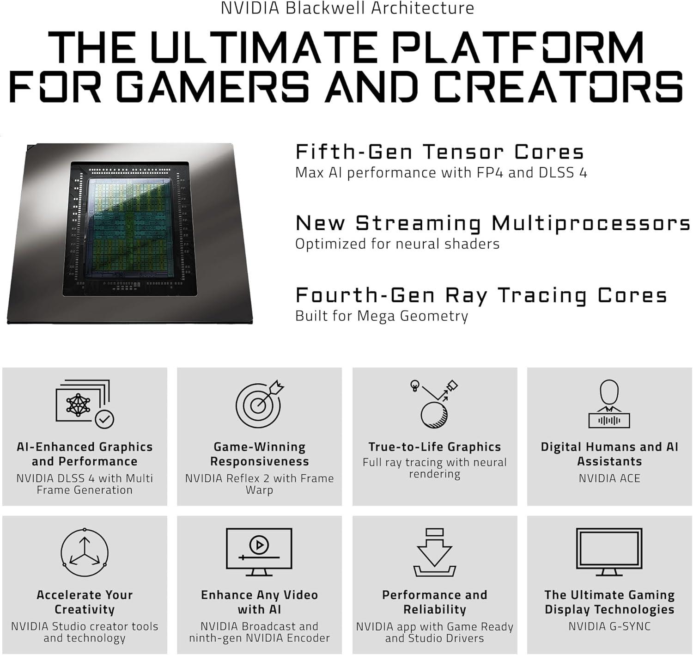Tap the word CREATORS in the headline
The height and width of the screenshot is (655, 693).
coord(559,86)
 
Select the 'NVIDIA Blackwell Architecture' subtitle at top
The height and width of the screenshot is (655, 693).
coord(347,8)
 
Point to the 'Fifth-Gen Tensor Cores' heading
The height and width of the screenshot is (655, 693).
coord(439,152)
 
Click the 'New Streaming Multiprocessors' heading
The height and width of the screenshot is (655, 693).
coord(492,224)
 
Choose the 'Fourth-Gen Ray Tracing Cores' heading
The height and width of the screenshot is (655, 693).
coord(481,295)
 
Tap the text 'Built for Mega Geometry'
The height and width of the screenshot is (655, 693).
coord(382,316)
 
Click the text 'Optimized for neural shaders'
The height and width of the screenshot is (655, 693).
coord(397,244)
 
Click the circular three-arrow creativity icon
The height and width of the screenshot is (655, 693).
coord(85,553)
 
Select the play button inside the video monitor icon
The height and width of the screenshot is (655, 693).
coord(259,545)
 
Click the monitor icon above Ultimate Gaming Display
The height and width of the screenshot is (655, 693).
coord(609,551)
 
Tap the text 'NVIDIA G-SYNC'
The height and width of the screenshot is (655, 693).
coord(609,627)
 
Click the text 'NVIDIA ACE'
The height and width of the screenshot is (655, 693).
coord(609,478)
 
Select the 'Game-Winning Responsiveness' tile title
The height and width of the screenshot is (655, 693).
coord(259,454)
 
